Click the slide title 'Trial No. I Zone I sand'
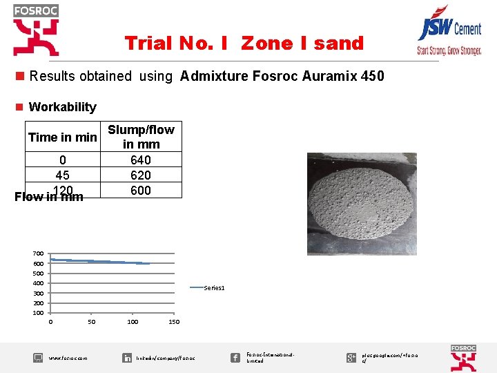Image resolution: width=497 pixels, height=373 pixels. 244,44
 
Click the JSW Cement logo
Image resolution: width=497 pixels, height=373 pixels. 449,35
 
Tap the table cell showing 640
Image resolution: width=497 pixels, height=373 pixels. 141,160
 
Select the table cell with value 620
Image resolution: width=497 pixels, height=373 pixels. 141,175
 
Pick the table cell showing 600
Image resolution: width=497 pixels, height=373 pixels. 141,191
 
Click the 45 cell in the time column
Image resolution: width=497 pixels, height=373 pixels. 63,175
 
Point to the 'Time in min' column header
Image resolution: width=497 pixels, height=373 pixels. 63,137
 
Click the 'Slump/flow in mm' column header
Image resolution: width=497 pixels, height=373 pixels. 141,137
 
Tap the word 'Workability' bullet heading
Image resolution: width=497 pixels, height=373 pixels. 62,107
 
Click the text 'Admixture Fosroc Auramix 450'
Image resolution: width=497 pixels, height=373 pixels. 282,76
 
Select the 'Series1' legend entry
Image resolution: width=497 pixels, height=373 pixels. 213,287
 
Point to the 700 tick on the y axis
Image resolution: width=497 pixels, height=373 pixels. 38,254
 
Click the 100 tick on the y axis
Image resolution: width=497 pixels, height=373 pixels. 38,313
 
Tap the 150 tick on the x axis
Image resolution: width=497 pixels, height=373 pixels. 174,322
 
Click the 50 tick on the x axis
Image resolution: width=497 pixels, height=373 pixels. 92,322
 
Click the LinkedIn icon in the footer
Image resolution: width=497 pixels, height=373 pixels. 127,358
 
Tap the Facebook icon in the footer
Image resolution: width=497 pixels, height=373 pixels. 235,357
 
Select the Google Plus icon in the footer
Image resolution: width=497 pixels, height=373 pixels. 351,357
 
